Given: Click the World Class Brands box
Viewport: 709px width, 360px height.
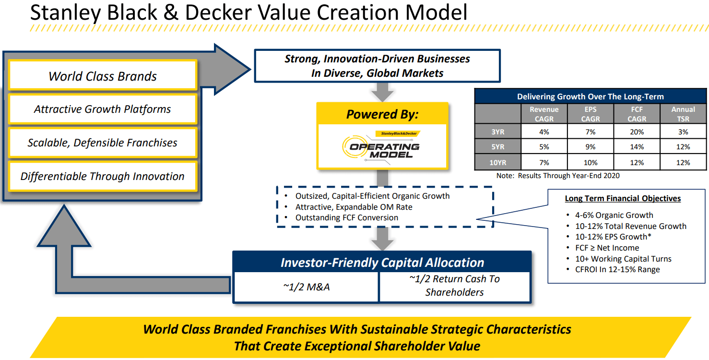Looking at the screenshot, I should [102, 76].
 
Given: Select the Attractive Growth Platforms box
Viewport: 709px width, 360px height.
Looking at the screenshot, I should [102, 109].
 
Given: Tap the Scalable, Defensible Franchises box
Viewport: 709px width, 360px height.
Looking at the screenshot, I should [102, 143].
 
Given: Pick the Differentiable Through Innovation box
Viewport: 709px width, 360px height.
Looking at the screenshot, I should [102, 176].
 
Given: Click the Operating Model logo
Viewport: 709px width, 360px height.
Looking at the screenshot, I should [382, 146].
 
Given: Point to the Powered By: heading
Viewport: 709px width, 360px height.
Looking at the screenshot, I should [382, 114].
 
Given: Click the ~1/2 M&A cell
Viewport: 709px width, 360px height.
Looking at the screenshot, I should [306, 287].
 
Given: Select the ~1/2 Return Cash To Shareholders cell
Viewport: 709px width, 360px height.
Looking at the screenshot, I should [454, 286].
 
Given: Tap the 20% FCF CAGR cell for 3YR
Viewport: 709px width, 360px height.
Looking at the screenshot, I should [637, 132].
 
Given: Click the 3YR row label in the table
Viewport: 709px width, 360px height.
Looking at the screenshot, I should [497, 132].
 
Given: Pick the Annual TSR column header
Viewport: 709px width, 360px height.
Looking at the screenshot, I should [683, 114].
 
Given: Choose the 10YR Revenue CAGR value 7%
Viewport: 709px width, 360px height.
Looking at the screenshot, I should [544, 162].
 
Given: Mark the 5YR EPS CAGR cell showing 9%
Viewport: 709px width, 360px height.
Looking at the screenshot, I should [590, 147].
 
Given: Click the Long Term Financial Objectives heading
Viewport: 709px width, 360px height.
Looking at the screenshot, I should [623, 198].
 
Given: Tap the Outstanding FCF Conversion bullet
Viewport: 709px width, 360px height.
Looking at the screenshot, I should [346, 217].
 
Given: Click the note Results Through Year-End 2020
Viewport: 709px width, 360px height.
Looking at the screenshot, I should [558, 176].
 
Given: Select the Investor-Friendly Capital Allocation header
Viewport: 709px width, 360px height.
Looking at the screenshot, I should [382, 263].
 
